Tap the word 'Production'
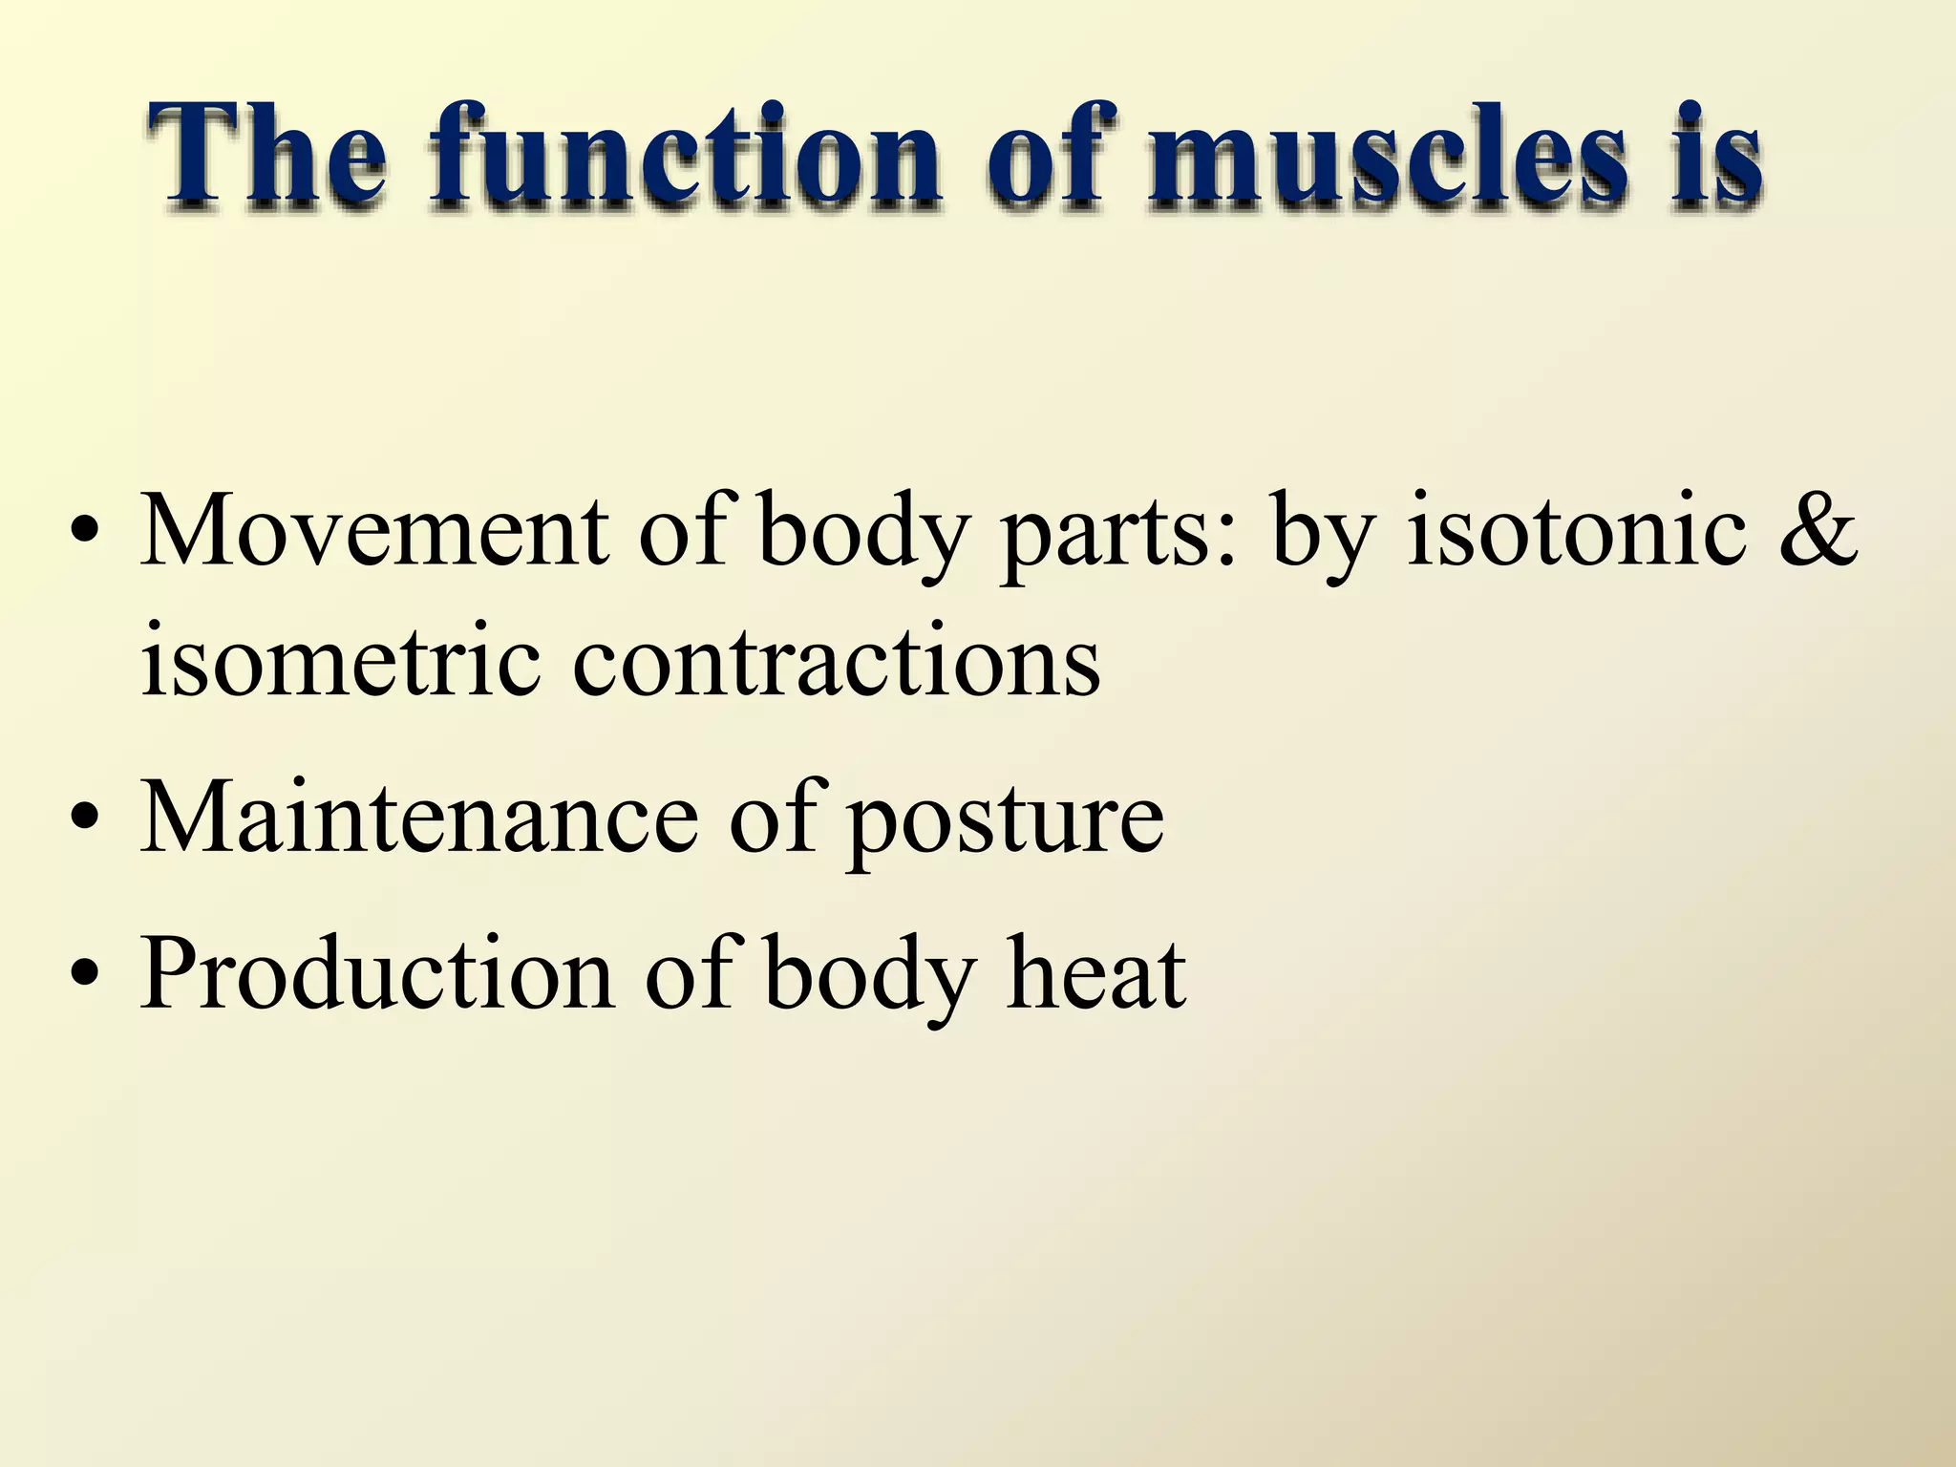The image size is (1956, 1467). (x=377, y=974)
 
